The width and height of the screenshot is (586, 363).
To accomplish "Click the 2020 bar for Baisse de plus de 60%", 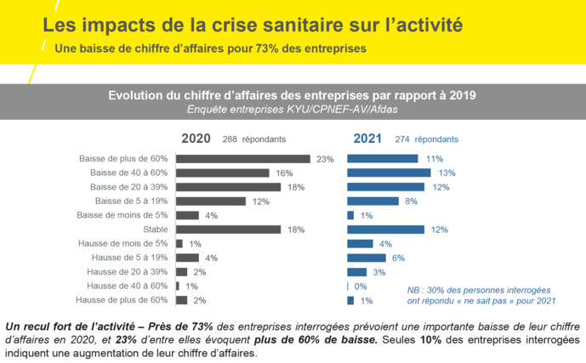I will click(x=242, y=159).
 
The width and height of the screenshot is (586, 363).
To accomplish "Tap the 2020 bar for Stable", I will click(x=228, y=230).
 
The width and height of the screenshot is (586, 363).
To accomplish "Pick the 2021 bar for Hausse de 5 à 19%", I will click(x=366, y=258).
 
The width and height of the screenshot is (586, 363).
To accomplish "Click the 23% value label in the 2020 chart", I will click(x=324, y=159).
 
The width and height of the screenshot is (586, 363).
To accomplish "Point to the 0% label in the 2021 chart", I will click(x=361, y=286).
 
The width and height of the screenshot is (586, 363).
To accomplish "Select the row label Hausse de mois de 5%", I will click(x=122, y=244).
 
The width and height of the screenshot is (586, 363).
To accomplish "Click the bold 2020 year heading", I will click(x=196, y=139).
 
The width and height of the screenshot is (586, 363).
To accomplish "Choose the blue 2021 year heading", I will click(x=367, y=139).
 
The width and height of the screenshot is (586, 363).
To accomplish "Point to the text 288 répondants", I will click(x=253, y=139).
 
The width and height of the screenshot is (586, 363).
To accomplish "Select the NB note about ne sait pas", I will click(x=481, y=294).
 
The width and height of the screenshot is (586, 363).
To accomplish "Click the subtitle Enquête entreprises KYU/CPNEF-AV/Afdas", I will click(x=292, y=109).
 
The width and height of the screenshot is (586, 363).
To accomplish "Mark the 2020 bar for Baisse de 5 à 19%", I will click(x=210, y=201).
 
